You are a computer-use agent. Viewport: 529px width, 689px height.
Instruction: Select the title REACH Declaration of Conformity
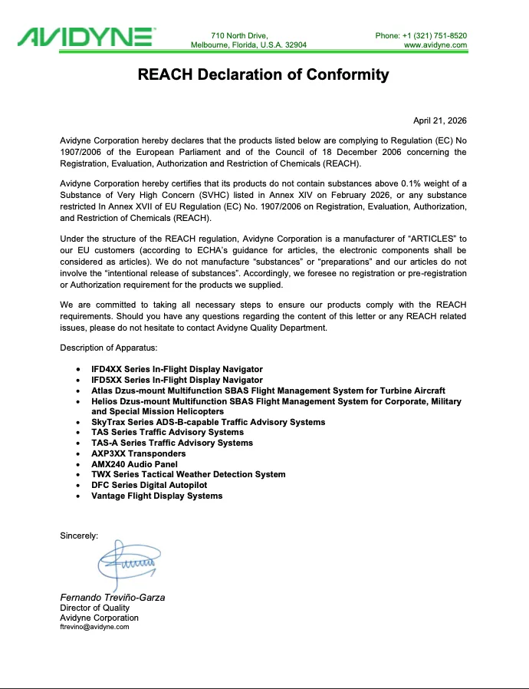point(263,75)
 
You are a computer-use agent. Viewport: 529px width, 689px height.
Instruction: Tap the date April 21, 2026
point(439,121)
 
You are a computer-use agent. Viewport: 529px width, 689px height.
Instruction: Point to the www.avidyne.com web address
point(435,45)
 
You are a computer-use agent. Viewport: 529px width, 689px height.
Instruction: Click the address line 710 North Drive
point(239,35)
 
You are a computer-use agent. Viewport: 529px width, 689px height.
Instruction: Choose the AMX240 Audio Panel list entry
point(134,464)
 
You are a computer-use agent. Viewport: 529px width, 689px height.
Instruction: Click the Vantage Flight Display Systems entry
point(156,496)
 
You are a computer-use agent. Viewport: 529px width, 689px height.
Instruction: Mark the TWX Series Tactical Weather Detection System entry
point(188,474)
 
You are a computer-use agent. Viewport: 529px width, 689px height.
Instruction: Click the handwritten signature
point(127,565)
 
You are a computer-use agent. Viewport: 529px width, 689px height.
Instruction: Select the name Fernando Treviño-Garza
point(113,598)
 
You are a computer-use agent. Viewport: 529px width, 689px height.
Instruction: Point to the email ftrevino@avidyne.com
point(94,627)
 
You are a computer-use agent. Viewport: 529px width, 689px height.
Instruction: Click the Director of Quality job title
point(94,608)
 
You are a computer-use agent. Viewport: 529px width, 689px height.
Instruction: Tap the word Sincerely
point(79,536)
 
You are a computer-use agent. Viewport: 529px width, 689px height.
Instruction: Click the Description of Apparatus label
point(109,348)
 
